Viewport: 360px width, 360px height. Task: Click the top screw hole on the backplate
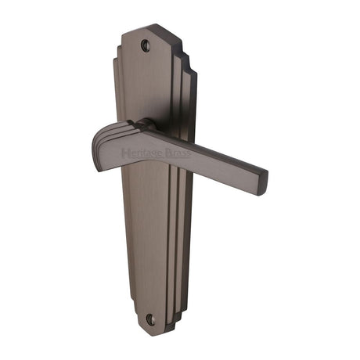pos(144,45)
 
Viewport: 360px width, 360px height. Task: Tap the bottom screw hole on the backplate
pos(152,319)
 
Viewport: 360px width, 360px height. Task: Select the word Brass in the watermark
pos(178,156)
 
